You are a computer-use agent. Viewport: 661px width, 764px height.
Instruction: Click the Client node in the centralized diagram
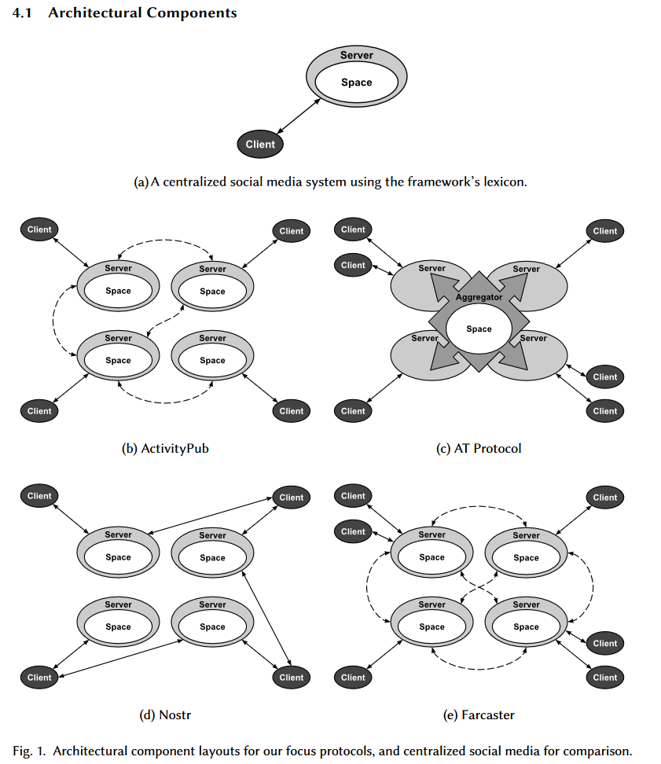(x=260, y=144)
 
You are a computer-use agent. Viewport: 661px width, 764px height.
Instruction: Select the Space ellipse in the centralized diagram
(x=357, y=83)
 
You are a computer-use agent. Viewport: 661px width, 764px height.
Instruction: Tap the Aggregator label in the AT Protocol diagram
(x=479, y=297)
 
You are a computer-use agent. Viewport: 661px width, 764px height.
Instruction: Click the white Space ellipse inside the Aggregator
(x=479, y=329)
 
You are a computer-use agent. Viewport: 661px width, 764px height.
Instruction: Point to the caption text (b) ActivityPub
(x=165, y=448)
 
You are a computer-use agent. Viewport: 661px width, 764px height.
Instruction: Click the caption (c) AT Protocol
(x=479, y=448)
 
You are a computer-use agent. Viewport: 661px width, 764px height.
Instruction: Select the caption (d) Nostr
(x=165, y=714)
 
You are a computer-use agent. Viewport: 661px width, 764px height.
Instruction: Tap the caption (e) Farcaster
(x=479, y=714)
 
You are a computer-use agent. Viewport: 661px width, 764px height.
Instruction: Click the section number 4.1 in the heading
(x=23, y=13)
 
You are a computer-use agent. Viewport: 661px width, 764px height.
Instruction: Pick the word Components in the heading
(x=192, y=13)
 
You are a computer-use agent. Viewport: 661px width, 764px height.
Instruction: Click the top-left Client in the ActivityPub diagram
(x=39, y=230)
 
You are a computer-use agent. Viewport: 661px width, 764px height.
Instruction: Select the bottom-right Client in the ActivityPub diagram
(x=292, y=411)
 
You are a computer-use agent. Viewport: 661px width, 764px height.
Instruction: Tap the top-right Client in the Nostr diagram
(x=292, y=498)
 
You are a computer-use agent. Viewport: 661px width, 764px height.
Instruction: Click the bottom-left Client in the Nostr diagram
(x=39, y=678)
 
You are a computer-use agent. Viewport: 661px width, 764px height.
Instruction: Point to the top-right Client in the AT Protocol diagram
(x=605, y=231)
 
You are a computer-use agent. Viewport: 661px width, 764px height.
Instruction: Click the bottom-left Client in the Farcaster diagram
(x=353, y=678)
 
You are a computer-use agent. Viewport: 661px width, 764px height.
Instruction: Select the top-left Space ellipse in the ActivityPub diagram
(x=119, y=291)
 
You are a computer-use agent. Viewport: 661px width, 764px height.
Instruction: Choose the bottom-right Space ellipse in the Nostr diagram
(x=212, y=627)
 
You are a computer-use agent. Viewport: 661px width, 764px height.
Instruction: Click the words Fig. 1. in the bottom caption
(x=29, y=751)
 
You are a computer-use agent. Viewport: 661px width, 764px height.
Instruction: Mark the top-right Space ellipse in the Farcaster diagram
(x=526, y=558)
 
